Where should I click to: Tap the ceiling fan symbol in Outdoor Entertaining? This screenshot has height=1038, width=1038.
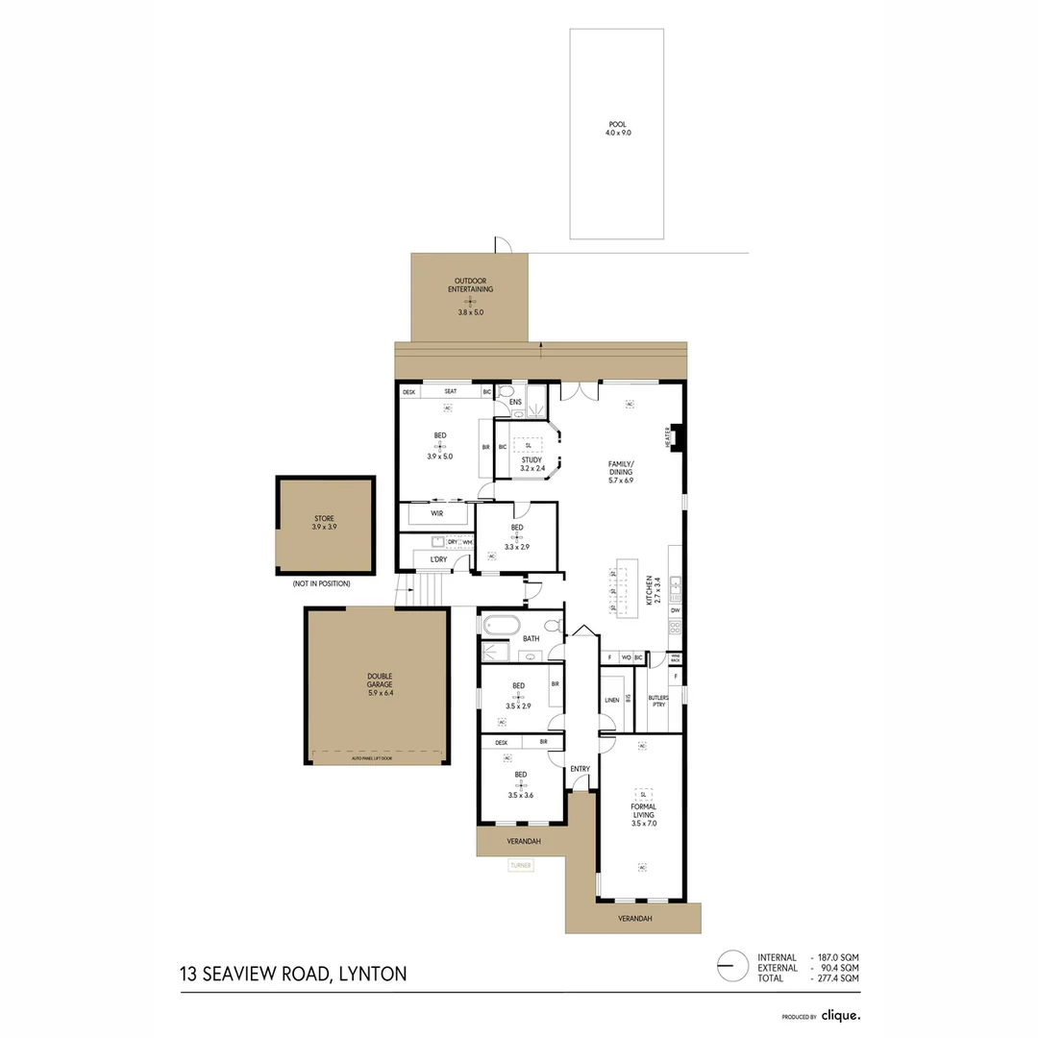[470, 301]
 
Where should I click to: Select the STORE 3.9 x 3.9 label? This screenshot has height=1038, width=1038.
[324, 522]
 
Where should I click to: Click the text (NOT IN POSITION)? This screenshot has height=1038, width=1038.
[322, 583]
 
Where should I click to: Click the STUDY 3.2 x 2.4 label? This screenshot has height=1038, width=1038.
[531, 463]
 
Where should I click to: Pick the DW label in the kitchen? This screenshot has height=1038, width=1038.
[676, 610]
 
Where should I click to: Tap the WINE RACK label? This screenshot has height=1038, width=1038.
[676, 659]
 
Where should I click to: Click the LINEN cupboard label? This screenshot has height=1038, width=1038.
[611, 701]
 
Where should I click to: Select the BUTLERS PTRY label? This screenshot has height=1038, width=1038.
[658, 701]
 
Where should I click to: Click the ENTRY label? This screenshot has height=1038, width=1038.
[580, 769]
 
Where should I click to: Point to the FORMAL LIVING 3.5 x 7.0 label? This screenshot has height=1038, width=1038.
[643, 814]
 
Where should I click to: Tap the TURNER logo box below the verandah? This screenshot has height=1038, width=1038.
[521, 865]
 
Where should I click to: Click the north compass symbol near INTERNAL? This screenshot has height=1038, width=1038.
[732, 965]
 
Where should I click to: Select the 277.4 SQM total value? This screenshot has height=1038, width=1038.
[837, 977]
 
